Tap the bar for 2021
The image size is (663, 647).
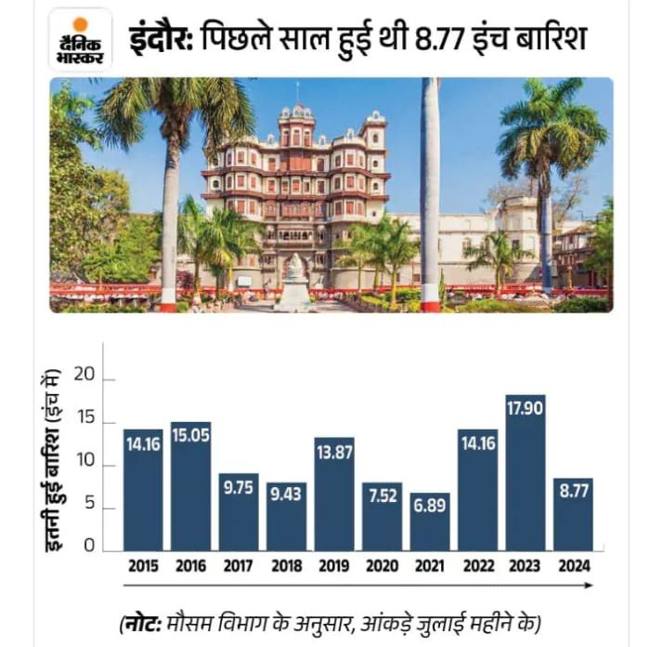click(x=430, y=522)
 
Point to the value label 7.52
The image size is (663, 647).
click(x=383, y=495)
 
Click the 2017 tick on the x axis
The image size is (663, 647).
click(x=239, y=565)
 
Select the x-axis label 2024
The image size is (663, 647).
click(x=573, y=565)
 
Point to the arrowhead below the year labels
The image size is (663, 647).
click(x=589, y=585)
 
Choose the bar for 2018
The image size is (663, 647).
click(x=286, y=516)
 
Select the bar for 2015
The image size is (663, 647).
click(x=143, y=489)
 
